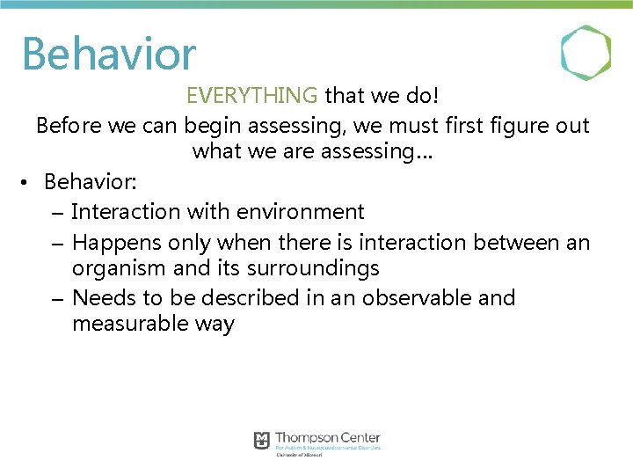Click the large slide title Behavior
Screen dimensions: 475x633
109,54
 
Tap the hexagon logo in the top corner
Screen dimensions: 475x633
586,53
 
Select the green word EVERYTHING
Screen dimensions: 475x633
252,95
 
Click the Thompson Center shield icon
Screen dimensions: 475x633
262,440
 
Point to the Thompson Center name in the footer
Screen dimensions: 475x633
328,438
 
